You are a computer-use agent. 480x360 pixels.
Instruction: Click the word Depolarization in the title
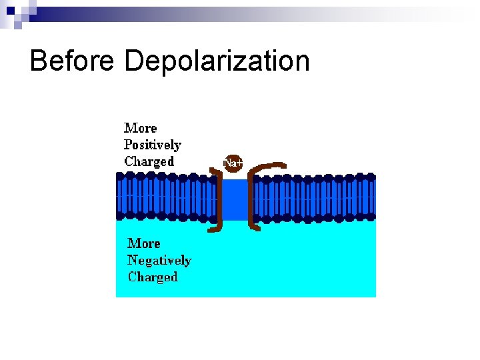click(217, 61)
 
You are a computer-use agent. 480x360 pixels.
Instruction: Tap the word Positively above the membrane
click(152, 145)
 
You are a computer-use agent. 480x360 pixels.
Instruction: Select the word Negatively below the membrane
click(159, 261)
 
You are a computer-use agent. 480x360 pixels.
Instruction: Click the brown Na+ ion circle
click(232, 163)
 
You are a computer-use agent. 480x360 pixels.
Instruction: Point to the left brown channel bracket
click(218, 200)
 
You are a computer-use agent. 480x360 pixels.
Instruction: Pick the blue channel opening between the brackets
click(234, 199)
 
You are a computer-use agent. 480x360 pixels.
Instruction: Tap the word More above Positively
click(141, 128)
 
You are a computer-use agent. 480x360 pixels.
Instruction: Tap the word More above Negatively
click(143, 243)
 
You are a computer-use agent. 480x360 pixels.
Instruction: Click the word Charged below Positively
click(149, 161)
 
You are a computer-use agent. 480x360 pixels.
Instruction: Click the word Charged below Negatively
click(153, 277)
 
